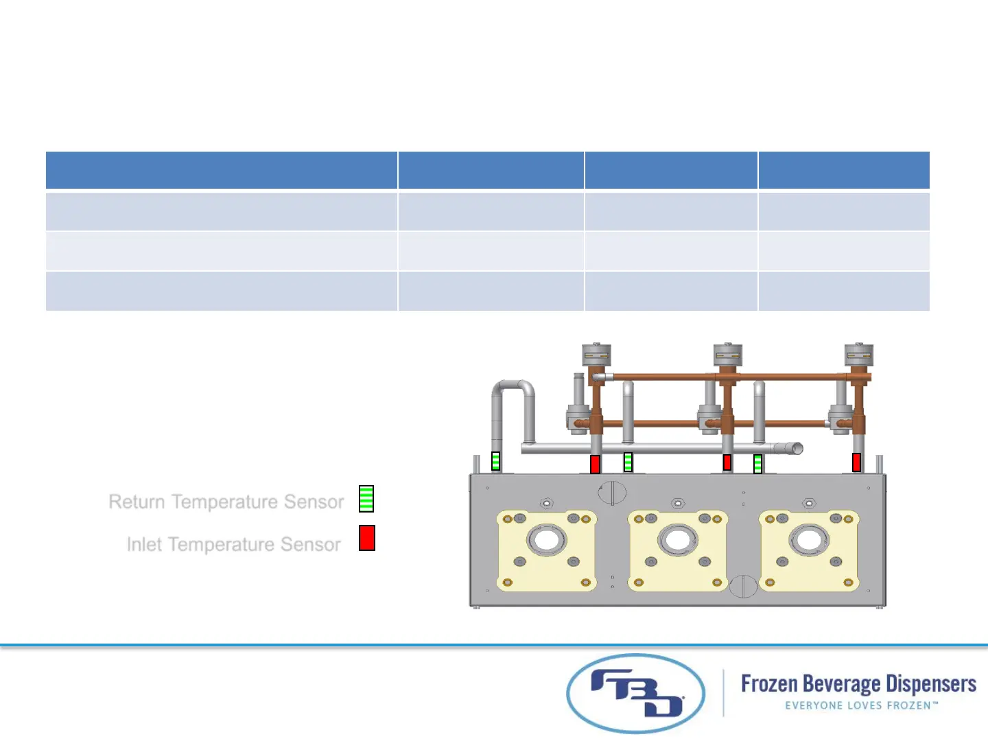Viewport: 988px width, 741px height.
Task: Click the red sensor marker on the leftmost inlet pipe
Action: [595, 464]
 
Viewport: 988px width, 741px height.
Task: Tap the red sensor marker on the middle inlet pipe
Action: [727, 462]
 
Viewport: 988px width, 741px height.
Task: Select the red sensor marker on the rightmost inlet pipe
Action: [856, 462]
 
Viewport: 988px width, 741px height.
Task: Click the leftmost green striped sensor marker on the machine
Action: [496, 461]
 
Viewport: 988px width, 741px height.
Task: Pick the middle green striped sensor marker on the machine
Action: [628, 462]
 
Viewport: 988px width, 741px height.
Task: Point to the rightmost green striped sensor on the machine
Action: [757, 464]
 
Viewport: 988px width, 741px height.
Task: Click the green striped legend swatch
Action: [366, 499]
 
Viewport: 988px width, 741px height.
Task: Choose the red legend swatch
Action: [367, 538]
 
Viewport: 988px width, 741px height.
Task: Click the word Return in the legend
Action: [137, 502]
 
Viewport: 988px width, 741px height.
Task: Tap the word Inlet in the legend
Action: [144, 545]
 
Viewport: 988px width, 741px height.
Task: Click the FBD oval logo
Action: [636, 694]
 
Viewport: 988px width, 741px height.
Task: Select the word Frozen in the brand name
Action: [769, 684]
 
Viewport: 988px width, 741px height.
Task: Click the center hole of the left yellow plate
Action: [547, 540]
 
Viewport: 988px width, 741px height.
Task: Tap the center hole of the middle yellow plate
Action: [678, 540]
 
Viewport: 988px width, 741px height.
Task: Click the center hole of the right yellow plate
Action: [809, 540]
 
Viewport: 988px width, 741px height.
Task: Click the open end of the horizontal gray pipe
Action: [797, 449]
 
